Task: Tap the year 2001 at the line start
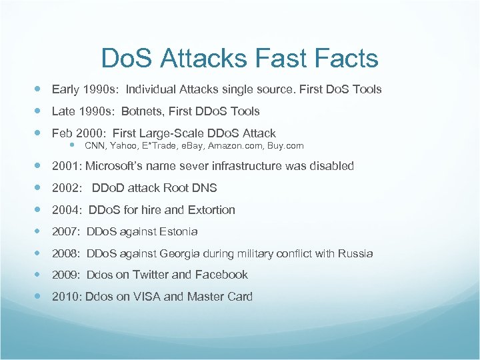(x=66, y=166)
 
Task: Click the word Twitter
(x=151, y=275)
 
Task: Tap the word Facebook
(x=221, y=275)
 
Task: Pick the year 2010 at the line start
(x=66, y=297)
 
